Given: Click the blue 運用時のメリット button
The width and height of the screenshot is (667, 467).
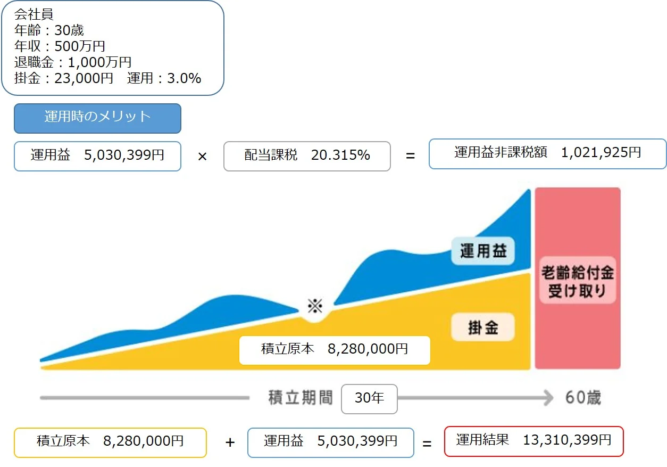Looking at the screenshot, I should point(97,118).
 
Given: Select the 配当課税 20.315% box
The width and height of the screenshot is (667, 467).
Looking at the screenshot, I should point(307,156).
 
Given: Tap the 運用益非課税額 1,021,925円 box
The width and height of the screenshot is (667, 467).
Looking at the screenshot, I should point(547,154).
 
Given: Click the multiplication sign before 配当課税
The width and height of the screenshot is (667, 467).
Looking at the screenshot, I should point(202,157).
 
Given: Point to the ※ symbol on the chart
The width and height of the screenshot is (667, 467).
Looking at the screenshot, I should point(315,306).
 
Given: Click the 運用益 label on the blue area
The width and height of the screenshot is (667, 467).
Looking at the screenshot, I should point(483,251).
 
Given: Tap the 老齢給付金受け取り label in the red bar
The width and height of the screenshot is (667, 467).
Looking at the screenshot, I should point(577,282).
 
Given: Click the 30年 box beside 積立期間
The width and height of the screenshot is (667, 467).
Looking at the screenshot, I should point(369,398).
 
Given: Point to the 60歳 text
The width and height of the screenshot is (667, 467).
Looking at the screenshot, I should point(583,398).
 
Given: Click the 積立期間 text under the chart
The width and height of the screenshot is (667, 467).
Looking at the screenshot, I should point(301,398).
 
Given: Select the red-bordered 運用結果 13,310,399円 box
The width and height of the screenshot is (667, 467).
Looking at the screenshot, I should point(533,441).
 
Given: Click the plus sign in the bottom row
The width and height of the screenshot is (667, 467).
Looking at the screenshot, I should point(230,443).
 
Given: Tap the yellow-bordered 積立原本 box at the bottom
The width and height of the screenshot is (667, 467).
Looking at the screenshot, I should point(110,443).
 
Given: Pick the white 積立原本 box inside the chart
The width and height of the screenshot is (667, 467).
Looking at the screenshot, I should point(335,350).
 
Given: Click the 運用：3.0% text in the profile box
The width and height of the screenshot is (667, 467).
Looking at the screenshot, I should point(164,79).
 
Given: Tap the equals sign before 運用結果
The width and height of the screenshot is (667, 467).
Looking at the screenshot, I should point(427,443).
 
